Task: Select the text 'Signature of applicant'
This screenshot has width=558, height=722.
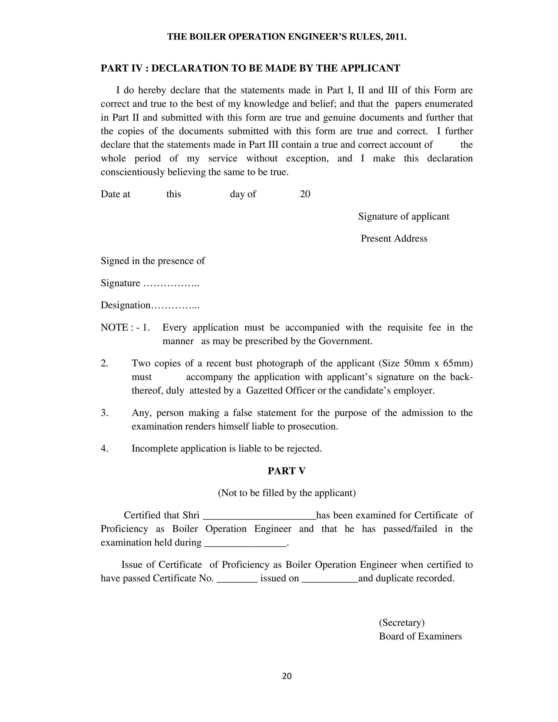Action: tap(404, 217)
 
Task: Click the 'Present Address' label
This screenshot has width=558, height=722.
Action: tap(394, 239)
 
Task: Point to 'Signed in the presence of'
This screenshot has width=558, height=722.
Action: tap(153, 261)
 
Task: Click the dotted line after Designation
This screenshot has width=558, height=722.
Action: tap(175, 306)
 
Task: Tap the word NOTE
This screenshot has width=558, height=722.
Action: tap(114, 327)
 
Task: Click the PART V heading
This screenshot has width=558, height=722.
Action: tap(287, 471)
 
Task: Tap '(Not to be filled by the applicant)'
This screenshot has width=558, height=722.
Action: tap(287, 493)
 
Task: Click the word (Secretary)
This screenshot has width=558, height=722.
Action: tap(401, 623)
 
